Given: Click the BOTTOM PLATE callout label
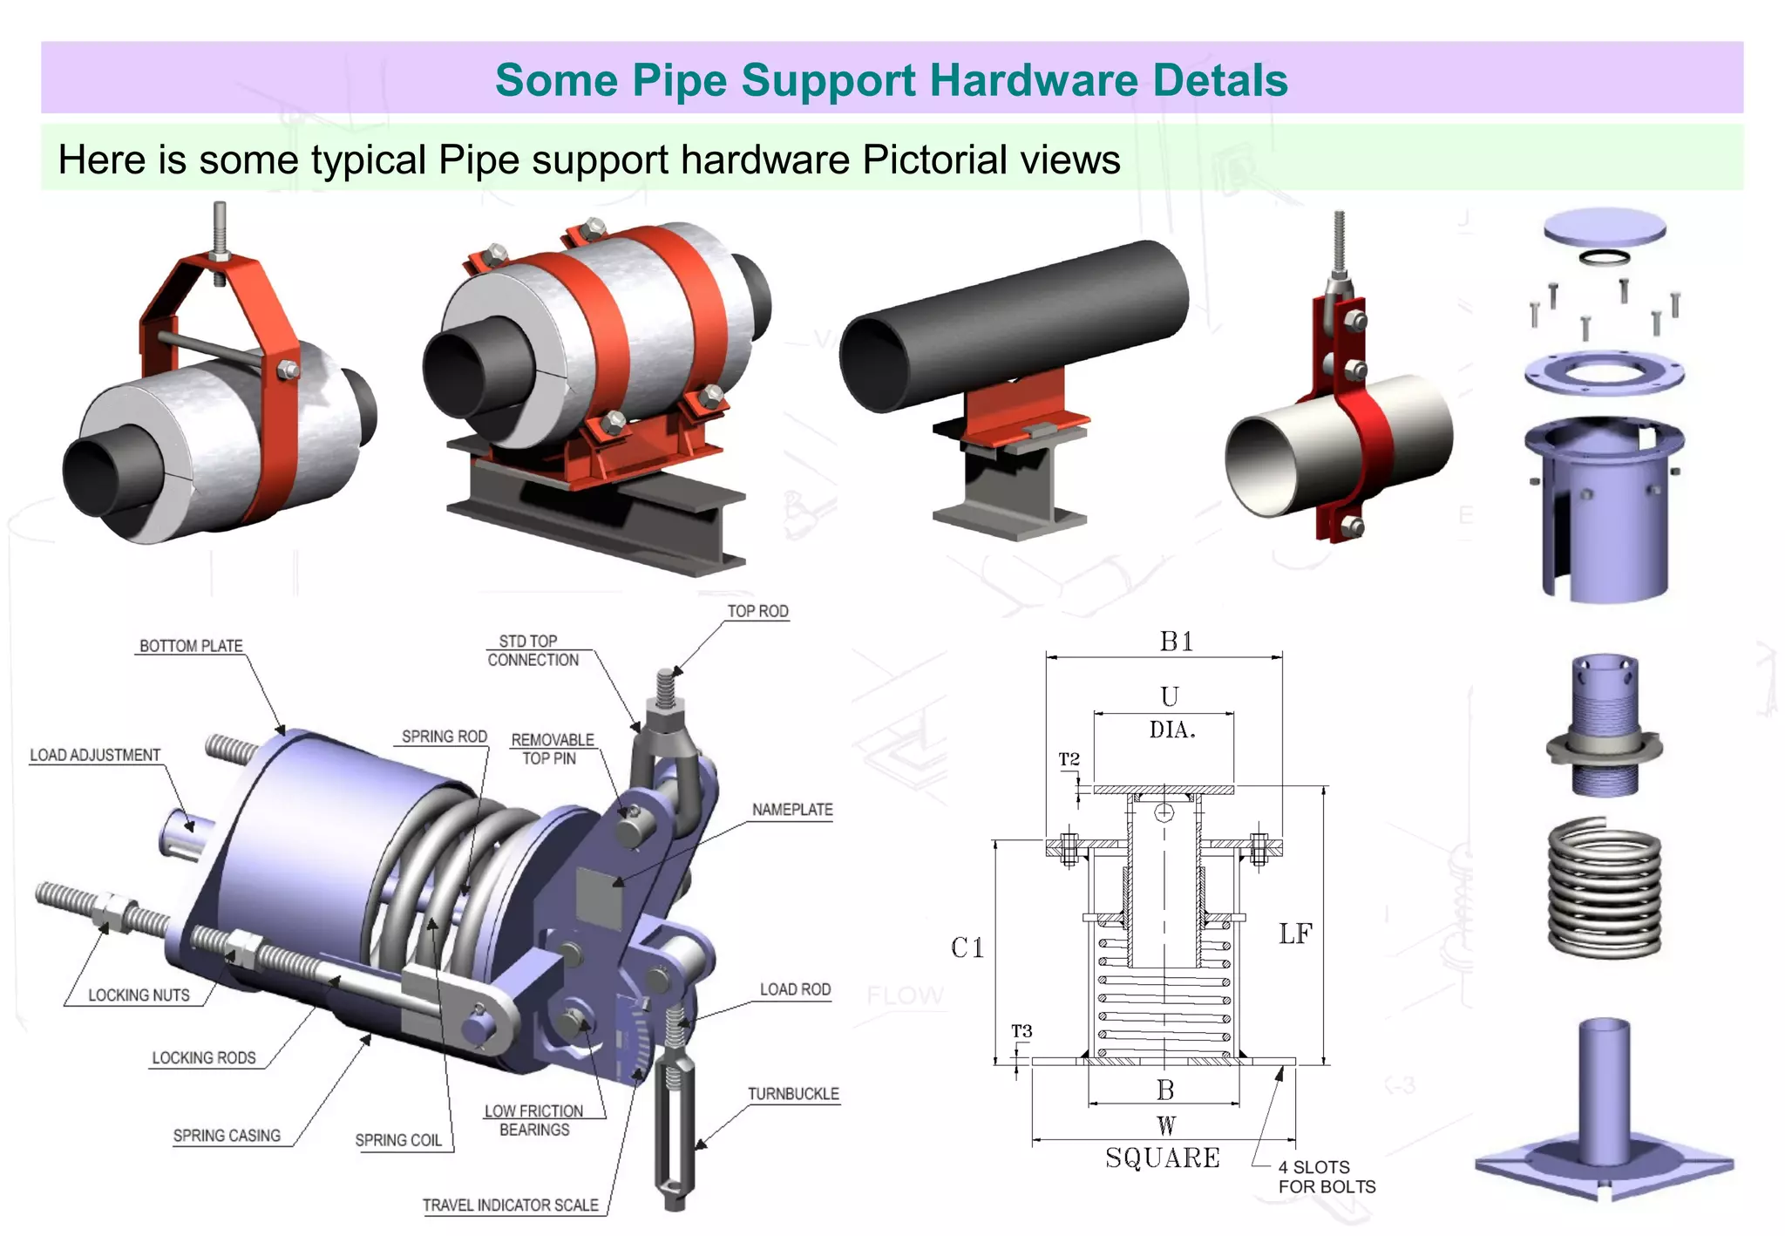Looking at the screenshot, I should point(191,646).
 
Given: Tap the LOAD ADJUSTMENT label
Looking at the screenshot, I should point(95,755).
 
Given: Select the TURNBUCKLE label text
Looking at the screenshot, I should point(793,1094).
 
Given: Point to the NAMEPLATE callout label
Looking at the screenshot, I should point(792,810).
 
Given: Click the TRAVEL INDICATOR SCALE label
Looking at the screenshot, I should point(511,1205).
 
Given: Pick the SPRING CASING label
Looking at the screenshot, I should point(227,1136).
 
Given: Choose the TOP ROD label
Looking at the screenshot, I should point(757,611).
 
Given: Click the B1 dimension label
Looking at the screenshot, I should point(1176,642).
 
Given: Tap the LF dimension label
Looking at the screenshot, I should point(1295,934).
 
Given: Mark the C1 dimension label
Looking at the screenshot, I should point(967,947).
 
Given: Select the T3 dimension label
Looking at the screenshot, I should point(1021,1031).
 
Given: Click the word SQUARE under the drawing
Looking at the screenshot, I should point(1163,1158).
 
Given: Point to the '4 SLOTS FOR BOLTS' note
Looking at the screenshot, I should point(1327,1177).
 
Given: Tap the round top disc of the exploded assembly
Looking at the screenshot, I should point(1605,227).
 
